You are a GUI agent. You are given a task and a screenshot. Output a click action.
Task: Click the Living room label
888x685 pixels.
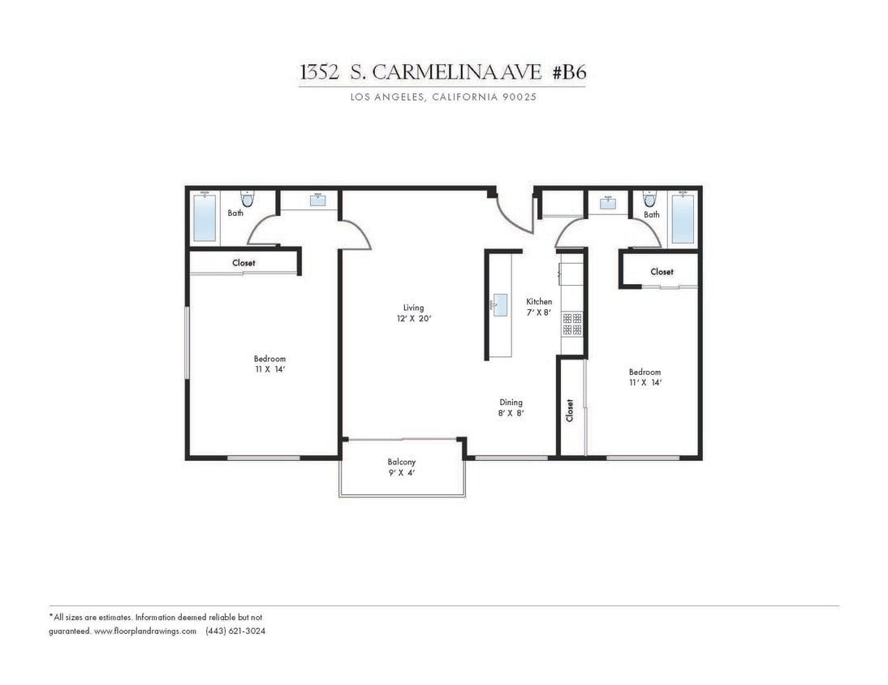pos(413,308)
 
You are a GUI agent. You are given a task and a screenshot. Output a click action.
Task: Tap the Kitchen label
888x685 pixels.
pos(539,301)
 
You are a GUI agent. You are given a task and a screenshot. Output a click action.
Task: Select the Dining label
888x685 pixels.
pos(511,402)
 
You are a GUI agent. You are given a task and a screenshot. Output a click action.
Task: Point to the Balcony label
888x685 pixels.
pos(401,462)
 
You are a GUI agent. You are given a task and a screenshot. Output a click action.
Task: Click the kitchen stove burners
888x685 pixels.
pos(572,324)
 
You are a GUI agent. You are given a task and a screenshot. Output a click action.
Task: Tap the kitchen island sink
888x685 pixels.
pos(501,305)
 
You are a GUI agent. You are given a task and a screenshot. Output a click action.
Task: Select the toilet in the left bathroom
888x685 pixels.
pos(248,199)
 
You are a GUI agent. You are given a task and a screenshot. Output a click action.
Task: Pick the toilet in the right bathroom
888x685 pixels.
pos(649,199)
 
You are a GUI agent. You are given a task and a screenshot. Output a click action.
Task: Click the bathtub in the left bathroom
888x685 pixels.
pos(205,218)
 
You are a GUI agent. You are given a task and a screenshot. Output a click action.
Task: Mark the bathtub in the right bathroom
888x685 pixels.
pos(683,218)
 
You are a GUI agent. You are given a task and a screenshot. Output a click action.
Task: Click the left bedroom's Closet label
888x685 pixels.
pos(244,263)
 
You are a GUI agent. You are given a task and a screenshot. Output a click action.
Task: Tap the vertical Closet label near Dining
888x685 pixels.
pos(570,410)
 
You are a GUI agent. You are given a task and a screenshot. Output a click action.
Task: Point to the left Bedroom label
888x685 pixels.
pos(269,359)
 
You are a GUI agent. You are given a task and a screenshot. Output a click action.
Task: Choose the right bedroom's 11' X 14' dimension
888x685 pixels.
pos(644,382)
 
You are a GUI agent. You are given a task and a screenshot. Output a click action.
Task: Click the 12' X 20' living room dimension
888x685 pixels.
pos(413,319)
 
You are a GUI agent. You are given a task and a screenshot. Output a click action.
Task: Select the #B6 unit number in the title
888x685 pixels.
pos(569,72)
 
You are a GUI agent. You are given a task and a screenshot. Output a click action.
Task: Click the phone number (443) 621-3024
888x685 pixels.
pos(235,631)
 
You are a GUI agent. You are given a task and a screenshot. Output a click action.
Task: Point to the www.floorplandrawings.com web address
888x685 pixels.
pos(145,631)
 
